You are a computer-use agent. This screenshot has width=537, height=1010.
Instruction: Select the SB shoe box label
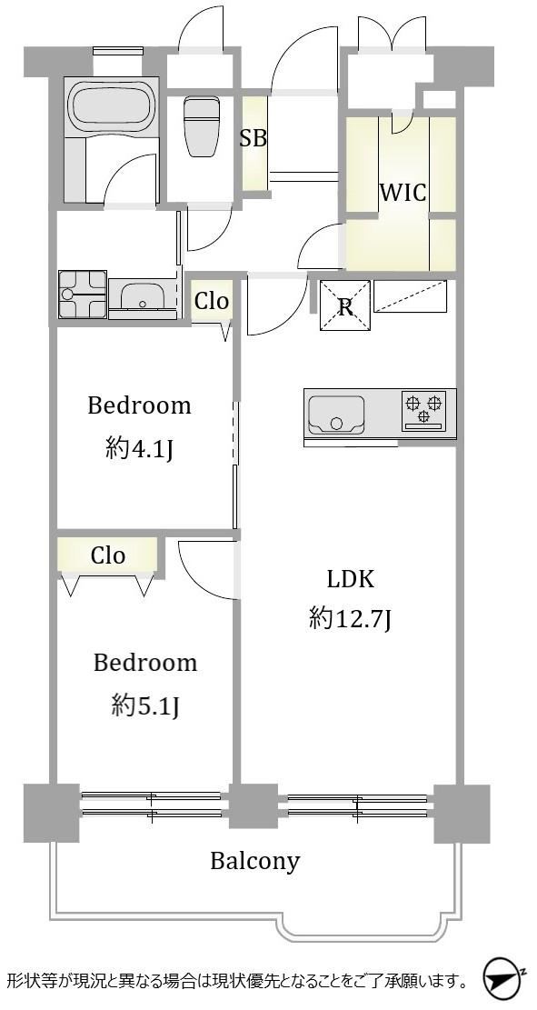253,137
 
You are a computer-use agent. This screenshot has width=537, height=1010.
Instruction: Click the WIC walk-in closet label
402,192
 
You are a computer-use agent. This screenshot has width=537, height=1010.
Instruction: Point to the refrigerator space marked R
345,306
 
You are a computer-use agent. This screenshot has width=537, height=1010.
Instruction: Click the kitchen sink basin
336,415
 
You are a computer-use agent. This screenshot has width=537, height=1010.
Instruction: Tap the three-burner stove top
423,410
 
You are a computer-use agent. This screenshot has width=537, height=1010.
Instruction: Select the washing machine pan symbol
83,295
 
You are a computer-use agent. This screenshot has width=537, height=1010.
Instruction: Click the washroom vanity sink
143,297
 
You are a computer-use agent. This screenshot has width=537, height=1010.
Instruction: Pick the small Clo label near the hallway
212,301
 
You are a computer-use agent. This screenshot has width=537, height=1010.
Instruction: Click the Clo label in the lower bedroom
107,555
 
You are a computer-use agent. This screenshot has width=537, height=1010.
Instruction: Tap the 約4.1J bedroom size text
140,450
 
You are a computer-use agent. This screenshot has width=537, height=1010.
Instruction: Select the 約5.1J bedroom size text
144,707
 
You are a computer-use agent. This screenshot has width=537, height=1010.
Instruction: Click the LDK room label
350,579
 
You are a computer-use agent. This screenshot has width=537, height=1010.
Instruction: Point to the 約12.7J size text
350,620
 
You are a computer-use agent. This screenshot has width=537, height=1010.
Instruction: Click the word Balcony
255,861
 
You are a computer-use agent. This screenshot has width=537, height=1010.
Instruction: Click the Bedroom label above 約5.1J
145,663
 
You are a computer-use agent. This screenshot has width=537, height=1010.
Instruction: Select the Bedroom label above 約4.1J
139,405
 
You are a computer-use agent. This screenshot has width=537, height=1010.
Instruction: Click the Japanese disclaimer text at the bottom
237,981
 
